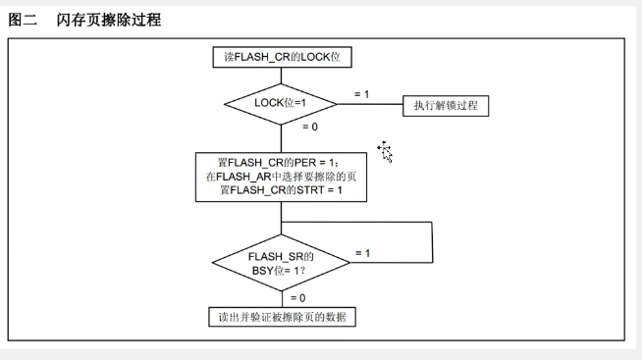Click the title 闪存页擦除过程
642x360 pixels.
point(109,20)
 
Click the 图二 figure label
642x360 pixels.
point(23,20)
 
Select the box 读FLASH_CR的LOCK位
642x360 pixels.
point(282,57)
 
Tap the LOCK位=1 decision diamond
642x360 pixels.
point(281,104)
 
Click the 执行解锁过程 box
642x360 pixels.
point(446,106)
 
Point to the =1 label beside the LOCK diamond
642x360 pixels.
point(361,94)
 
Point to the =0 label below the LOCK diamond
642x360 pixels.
point(310,127)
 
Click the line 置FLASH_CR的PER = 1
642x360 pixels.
point(279,163)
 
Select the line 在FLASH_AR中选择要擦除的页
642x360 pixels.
point(281,177)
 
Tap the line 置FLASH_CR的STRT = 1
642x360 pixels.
point(281,190)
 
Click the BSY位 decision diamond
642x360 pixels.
point(282,263)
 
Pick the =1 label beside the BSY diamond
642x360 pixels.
point(363,254)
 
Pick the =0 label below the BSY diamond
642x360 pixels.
point(298,298)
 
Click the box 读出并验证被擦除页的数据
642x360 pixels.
point(282,317)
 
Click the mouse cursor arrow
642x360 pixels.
point(385,152)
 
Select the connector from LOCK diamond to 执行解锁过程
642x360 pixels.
point(370,104)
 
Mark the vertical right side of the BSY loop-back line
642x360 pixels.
point(432,242)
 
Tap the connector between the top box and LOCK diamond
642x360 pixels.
point(282,76)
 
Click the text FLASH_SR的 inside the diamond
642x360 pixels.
point(281,256)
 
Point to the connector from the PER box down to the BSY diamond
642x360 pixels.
point(282,218)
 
